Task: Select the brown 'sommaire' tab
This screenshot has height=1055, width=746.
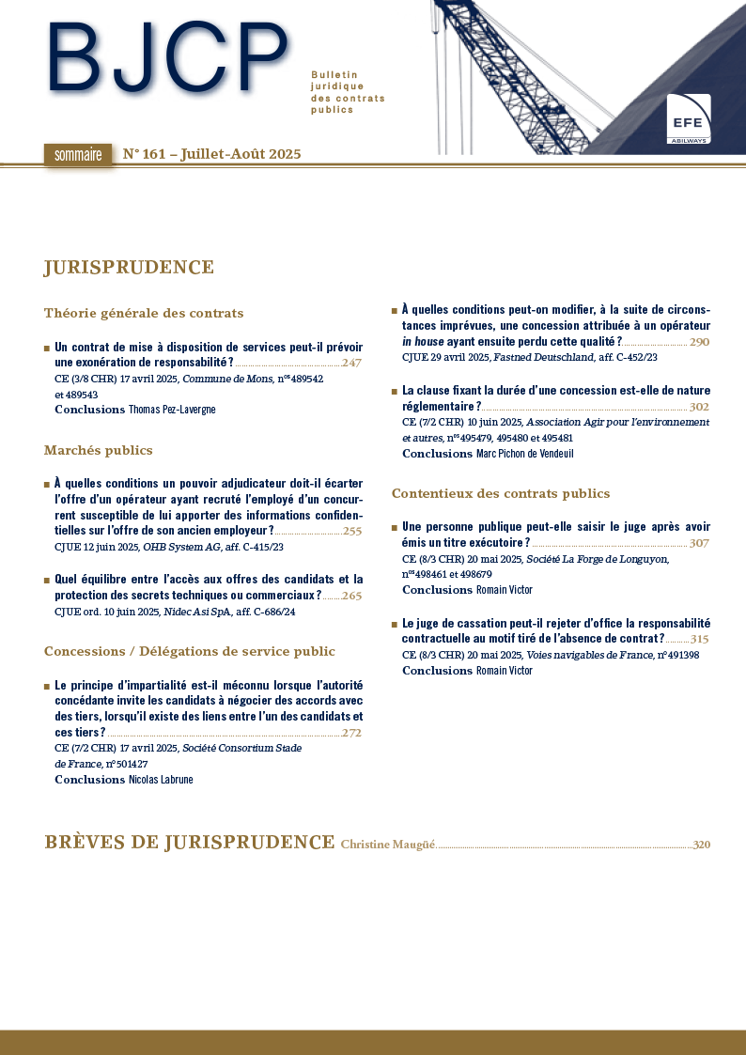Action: pos(77,155)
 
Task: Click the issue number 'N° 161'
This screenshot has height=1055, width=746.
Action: pos(146,155)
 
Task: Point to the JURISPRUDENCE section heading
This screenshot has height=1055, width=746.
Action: pos(129,269)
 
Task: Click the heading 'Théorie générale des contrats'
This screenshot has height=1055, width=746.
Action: pos(144,314)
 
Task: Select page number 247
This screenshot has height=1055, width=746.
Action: pos(352,363)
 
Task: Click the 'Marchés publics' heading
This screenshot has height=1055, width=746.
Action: pos(99,451)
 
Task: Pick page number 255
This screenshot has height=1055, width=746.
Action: pos(352,531)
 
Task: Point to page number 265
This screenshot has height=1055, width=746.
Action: pos(352,596)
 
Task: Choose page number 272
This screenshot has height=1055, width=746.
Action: pos(352,733)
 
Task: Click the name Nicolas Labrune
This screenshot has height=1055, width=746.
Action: pos(161,780)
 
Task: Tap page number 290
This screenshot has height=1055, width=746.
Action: pos(699,342)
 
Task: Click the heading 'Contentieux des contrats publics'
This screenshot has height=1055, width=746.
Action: pos(501,494)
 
